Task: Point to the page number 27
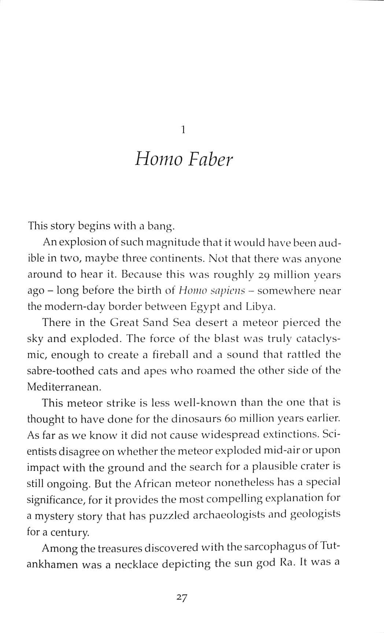click(x=182, y=597)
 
